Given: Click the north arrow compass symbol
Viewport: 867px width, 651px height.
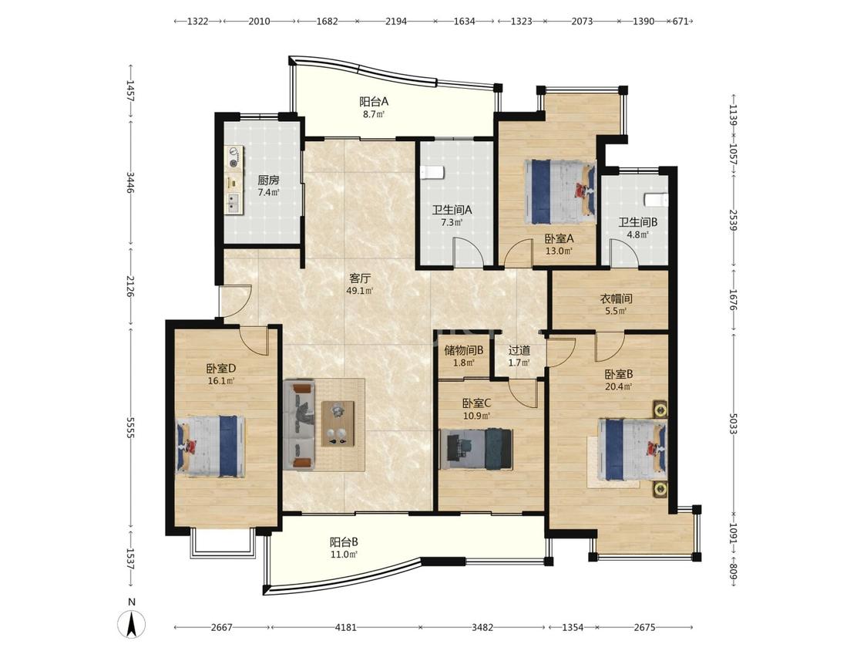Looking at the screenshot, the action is tap(132, 626).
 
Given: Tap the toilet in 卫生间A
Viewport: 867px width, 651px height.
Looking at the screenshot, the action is tap(432, 174).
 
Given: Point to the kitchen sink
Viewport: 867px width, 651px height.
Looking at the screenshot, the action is tap(234, 204).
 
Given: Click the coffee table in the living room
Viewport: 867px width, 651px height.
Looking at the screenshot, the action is tap(338, 423).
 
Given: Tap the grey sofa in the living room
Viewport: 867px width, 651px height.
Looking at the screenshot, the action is tap(299, 425).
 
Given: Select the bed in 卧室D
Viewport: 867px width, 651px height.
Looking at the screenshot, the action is tap(210, 446).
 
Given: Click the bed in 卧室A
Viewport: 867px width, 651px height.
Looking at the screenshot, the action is tap(560, 191).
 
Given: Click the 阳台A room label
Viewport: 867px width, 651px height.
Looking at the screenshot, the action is tap(374, 102).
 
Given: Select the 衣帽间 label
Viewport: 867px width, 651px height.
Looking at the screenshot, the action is tap(616, 299).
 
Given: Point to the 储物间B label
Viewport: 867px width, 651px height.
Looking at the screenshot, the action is tap(464, 350).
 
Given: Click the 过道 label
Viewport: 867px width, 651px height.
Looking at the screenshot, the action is tap(519, 350).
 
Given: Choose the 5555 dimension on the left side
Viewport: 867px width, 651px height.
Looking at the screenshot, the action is tap(130, 427).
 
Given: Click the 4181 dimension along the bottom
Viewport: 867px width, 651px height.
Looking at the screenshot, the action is tap(345, 627).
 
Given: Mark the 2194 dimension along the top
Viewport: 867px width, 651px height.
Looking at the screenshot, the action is tap(396, 22).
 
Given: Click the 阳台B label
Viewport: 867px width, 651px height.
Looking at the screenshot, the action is tap(344, 542).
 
